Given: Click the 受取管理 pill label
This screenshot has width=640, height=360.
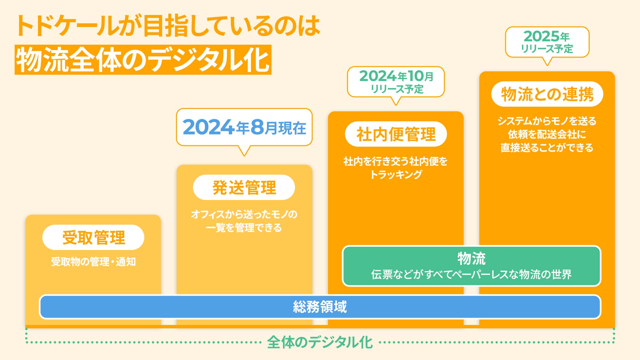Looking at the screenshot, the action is (x=93, y=237).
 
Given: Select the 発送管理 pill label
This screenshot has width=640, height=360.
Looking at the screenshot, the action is (x=244, y=187).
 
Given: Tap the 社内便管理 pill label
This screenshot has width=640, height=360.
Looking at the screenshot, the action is (x=396, y=134).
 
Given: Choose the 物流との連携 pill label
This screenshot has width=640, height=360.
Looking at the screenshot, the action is (x=547, y=94).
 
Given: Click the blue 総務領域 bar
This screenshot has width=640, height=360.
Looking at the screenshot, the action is (x=320, y=307).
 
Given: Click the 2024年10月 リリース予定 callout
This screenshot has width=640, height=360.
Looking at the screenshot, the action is (x=396, y=82).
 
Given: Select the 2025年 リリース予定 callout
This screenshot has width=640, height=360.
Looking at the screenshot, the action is (x=547, y=42).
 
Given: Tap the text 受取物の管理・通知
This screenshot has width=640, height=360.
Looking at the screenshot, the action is (x=93, y=262).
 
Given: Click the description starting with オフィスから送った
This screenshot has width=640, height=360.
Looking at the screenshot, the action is (x=244, y=221).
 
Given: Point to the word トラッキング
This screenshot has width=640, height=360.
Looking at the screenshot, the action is (x=396, y=174).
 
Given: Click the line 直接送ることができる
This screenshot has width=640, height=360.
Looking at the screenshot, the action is (x=547, y=147).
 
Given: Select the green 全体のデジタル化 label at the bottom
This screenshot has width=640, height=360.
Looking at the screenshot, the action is (x=320, y=342).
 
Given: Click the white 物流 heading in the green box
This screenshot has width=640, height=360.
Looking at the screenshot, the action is (x=472, y=258).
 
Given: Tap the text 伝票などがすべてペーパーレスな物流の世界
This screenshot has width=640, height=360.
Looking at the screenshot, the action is (x=471, y=274).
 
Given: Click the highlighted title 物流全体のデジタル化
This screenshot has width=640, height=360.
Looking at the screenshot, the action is (x=143, y=60).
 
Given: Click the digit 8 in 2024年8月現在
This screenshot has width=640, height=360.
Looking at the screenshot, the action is (x=257, y=127).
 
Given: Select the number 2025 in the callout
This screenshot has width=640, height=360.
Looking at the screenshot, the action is (x=541, y=36).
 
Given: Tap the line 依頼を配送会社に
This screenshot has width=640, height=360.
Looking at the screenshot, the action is (x=547, y=134).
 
